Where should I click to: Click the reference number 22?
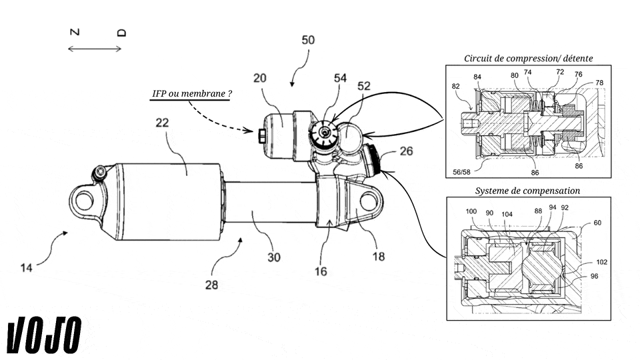click(162, 123)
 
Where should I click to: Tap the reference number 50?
click(308, 40)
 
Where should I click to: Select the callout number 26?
click(406, 151)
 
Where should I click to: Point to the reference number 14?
click(27, 268)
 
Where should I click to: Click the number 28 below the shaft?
click(211, 285)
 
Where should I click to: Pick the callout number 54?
click(340, 78)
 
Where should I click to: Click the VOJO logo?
click(44, 335)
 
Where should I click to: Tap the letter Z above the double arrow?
click(75, 32)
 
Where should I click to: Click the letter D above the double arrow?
click(121, 33)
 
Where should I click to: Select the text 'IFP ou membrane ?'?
click(192, 93)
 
